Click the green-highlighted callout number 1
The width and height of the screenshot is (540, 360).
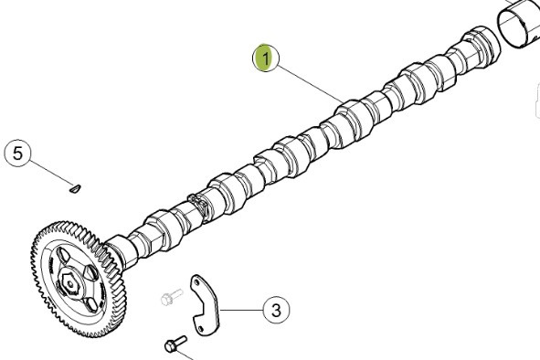[266, 58]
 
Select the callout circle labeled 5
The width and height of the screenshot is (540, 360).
[18, 154]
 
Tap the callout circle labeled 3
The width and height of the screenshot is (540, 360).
[276, 310]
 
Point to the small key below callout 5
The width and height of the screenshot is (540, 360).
[75, 188]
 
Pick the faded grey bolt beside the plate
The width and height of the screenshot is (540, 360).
[172, 297]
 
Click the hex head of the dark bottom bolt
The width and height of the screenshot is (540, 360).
[171, 346]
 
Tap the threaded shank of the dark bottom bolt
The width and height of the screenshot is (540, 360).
[182, 341]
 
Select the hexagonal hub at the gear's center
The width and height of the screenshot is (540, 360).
[69, 283]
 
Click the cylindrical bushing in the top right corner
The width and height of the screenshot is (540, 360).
[519, 24]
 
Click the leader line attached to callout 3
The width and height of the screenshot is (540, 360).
[241, 310]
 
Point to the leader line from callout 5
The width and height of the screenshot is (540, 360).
[51, 173]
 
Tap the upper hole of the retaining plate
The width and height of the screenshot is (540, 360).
[196, 282]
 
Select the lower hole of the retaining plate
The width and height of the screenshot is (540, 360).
[201, 329]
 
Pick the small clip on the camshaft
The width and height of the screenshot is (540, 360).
[199, 206]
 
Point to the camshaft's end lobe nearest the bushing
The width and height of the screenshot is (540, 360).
[481, 47]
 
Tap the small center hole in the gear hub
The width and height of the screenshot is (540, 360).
[70, 284]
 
